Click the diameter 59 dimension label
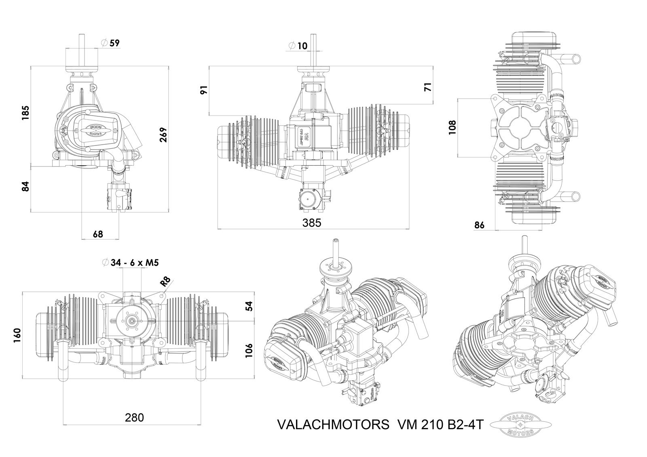point(111,42)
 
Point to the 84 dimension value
point(25,186)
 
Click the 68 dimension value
point(98,234)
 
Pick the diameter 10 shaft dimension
point(298,46)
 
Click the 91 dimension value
point(204,90)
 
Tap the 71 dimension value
point(428,87)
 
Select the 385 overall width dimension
point(312,223)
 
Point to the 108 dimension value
point(452,127)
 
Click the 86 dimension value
point(479,225)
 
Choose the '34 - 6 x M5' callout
point(131,263)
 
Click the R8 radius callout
point(165,282)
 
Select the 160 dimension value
point(17,335)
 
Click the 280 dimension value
point(135,417)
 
